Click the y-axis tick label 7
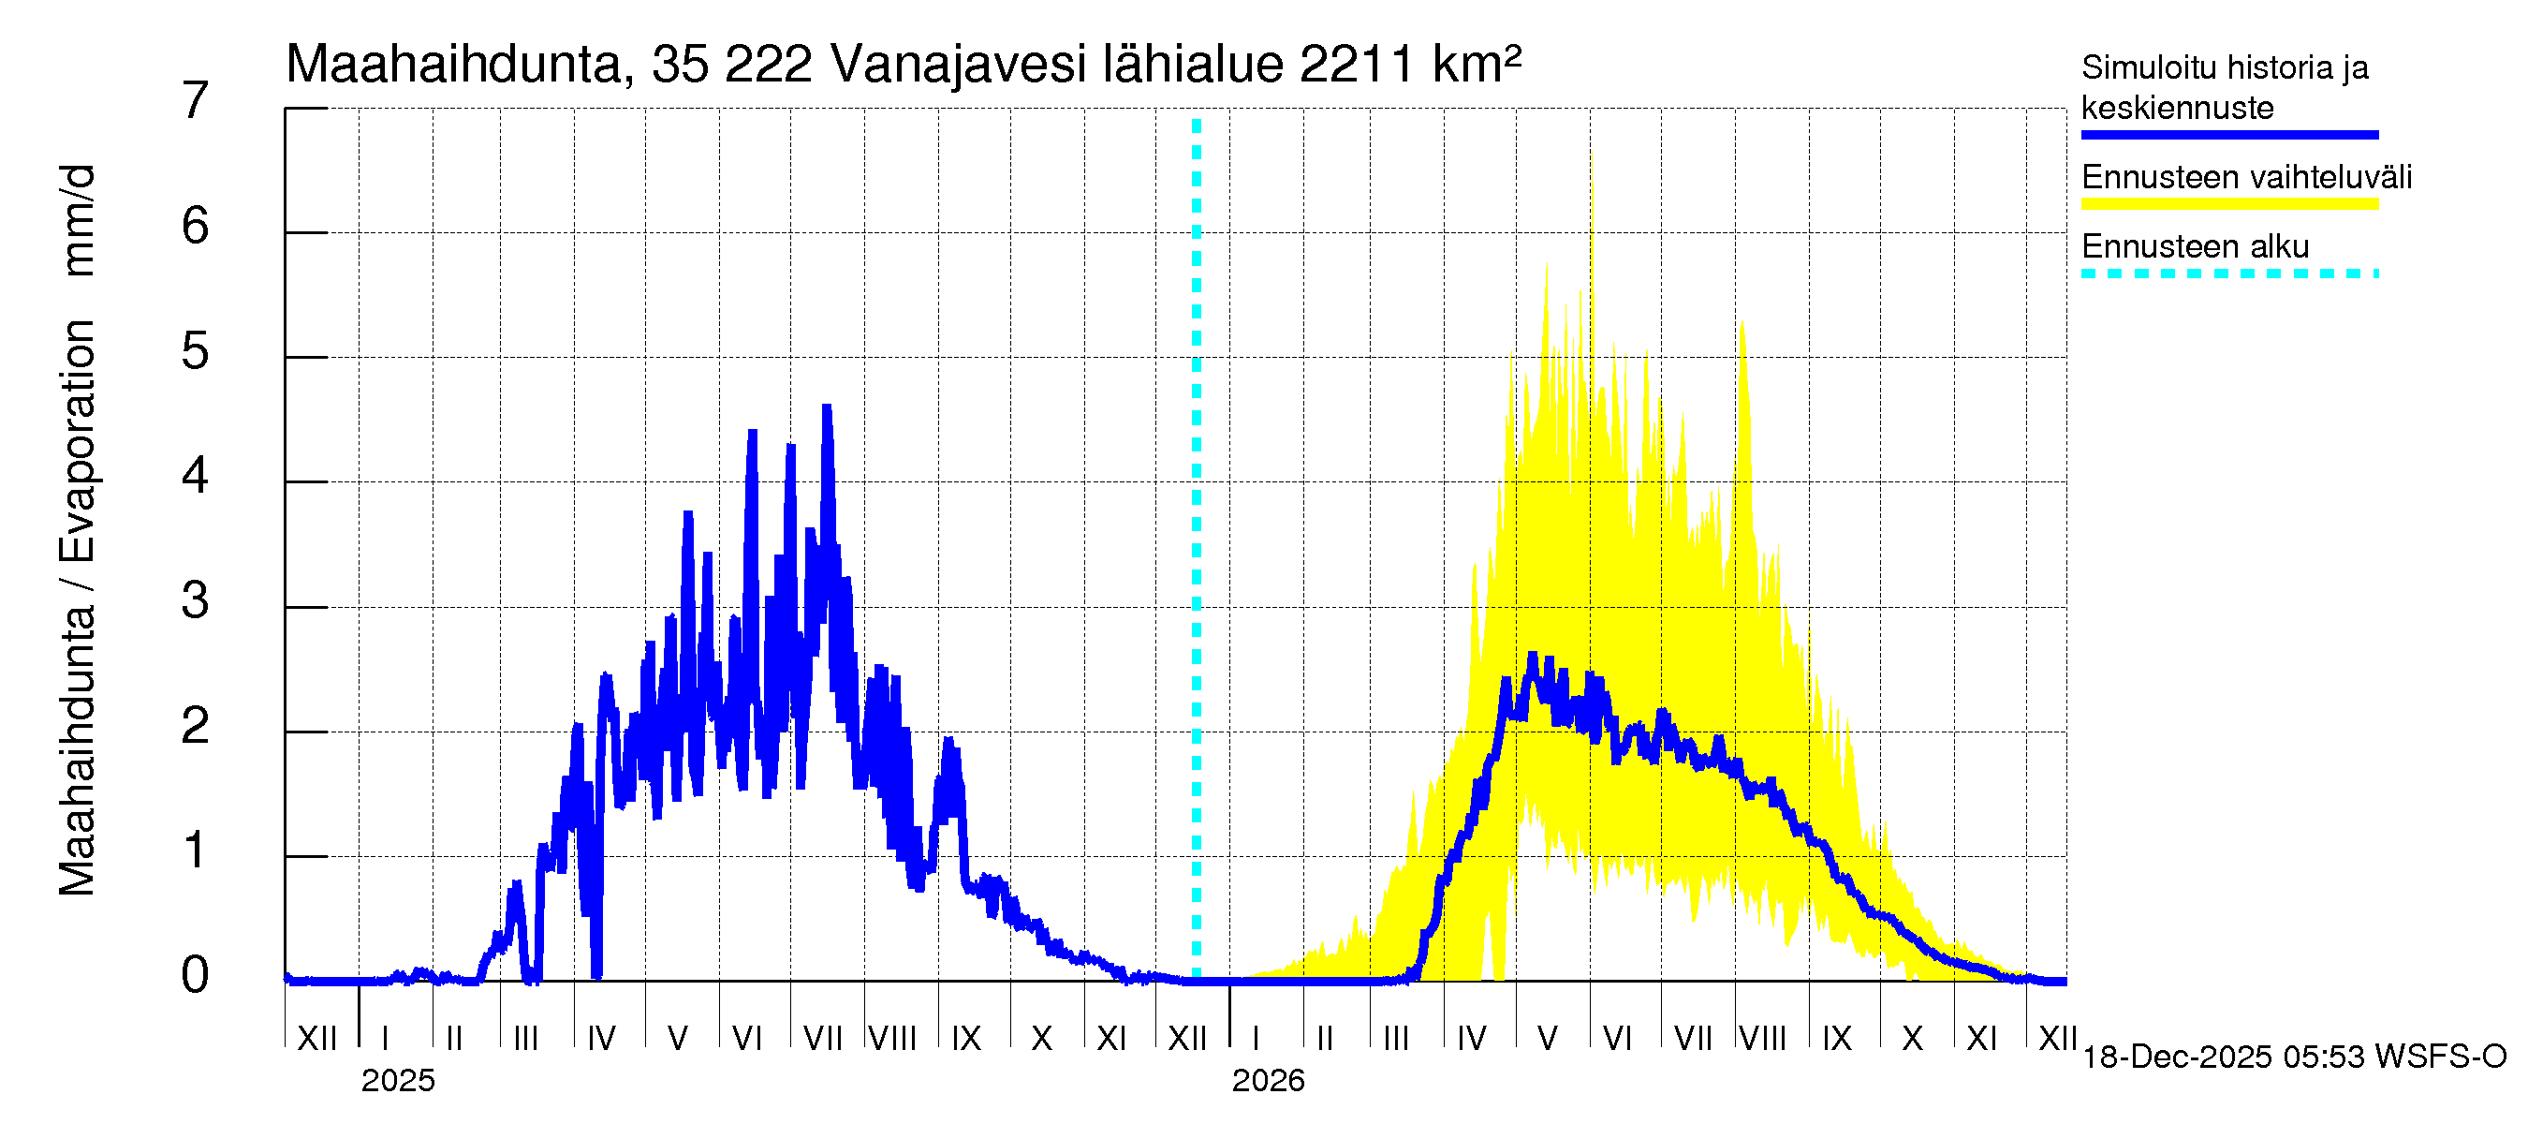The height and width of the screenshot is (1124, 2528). [196, 101]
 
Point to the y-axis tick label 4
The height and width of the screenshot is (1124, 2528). [196, 476]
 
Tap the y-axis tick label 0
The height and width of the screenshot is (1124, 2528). [196, 976]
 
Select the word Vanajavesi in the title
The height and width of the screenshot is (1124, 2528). [958, 65]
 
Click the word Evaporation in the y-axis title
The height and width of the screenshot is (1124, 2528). [78, 441]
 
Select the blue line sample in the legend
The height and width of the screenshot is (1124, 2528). [2228, 135]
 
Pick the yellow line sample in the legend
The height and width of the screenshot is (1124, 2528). [2228, 204]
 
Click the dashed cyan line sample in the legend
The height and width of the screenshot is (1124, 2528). [2228, 274]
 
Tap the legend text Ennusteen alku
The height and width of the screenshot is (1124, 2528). [2195, 246]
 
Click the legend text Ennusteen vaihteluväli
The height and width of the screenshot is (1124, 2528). [2245, 178]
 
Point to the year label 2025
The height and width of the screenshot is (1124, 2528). [397, 1081]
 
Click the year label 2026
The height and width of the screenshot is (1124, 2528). [1268, 1081]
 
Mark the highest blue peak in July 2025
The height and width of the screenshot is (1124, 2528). [828, 407]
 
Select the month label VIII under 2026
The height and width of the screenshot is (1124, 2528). [1762, 1039]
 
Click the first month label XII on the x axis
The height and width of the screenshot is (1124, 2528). [316, 1039]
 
